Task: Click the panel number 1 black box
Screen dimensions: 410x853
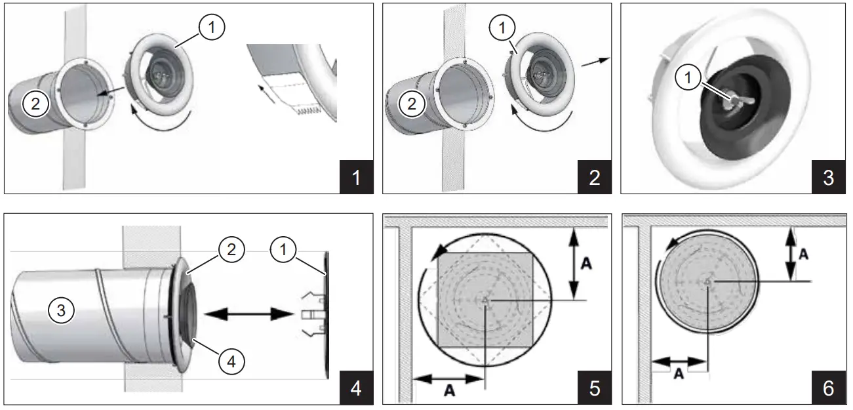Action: click(356, 177)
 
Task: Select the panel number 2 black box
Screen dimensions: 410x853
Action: click(594, 177)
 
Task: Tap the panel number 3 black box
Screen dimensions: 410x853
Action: click(828, 177)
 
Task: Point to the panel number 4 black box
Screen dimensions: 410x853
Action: click(356, 388)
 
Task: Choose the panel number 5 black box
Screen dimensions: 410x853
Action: click(594, 388)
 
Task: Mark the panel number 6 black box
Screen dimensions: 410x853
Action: click(828, 388)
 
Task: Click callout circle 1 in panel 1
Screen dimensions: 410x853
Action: click(212, 28)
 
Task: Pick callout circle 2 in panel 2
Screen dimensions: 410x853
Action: click(412, 103)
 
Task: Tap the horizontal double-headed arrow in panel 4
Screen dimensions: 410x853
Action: click(248, 315)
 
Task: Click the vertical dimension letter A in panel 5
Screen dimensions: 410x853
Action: click(587, 262)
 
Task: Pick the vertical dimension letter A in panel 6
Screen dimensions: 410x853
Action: click(802, 254)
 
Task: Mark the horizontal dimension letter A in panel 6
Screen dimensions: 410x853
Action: click(679, 373)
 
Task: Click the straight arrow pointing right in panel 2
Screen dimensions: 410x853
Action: click(595, 61)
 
